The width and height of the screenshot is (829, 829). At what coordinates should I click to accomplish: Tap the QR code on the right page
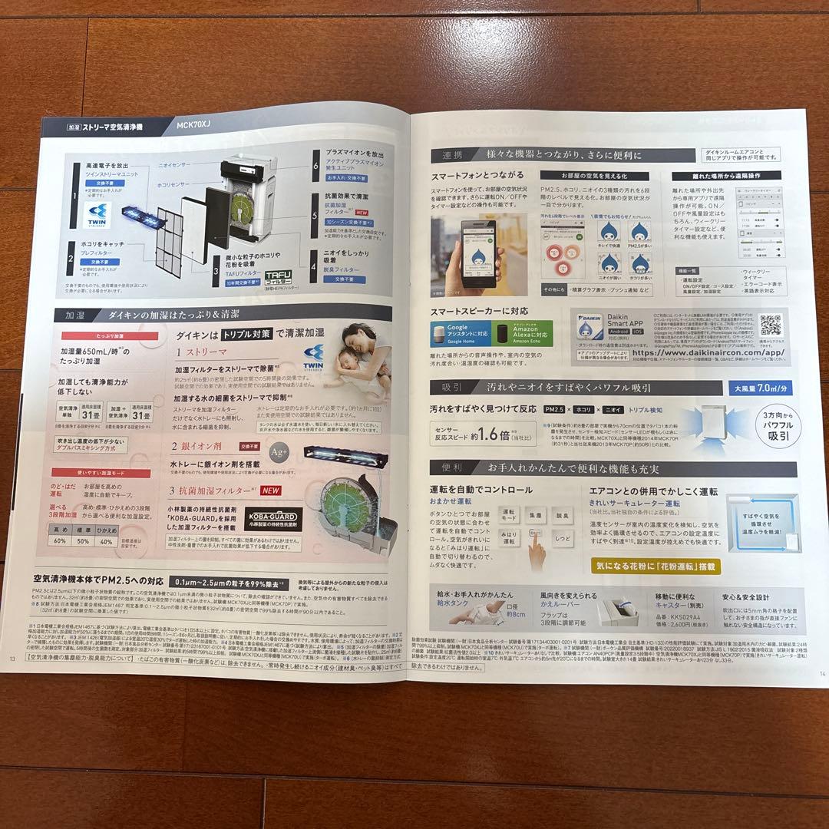(769, 325)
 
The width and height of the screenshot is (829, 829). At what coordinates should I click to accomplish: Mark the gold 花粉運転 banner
(657, 566)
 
